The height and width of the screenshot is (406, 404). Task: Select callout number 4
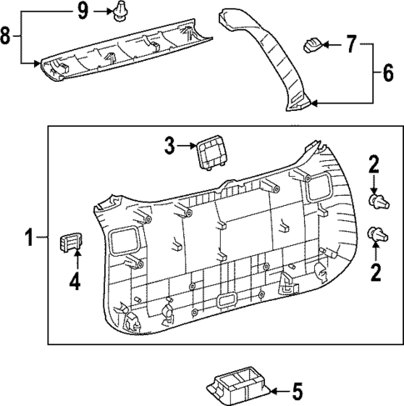pos(74,283)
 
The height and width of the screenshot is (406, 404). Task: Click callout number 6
pos(387,73)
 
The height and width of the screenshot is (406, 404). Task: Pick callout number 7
pos(350,41)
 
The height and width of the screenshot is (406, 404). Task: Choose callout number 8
pos(8,36)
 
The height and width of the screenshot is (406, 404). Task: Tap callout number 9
pos(82,11)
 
